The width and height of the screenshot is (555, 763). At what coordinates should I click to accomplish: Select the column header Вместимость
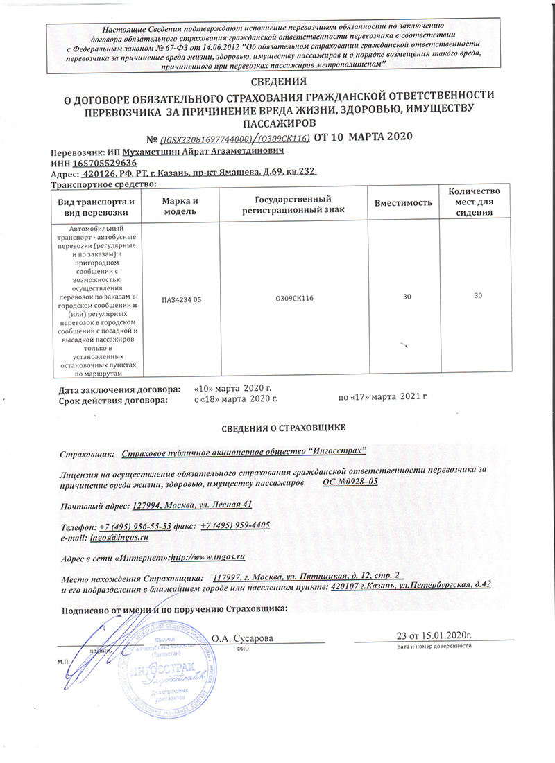tap(403, 203)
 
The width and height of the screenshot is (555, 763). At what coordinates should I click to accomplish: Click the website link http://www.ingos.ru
tap(208, 556)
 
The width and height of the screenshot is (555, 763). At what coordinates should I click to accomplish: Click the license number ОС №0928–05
tap(350, 481)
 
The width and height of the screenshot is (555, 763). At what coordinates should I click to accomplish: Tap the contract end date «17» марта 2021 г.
tap(383, 397)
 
